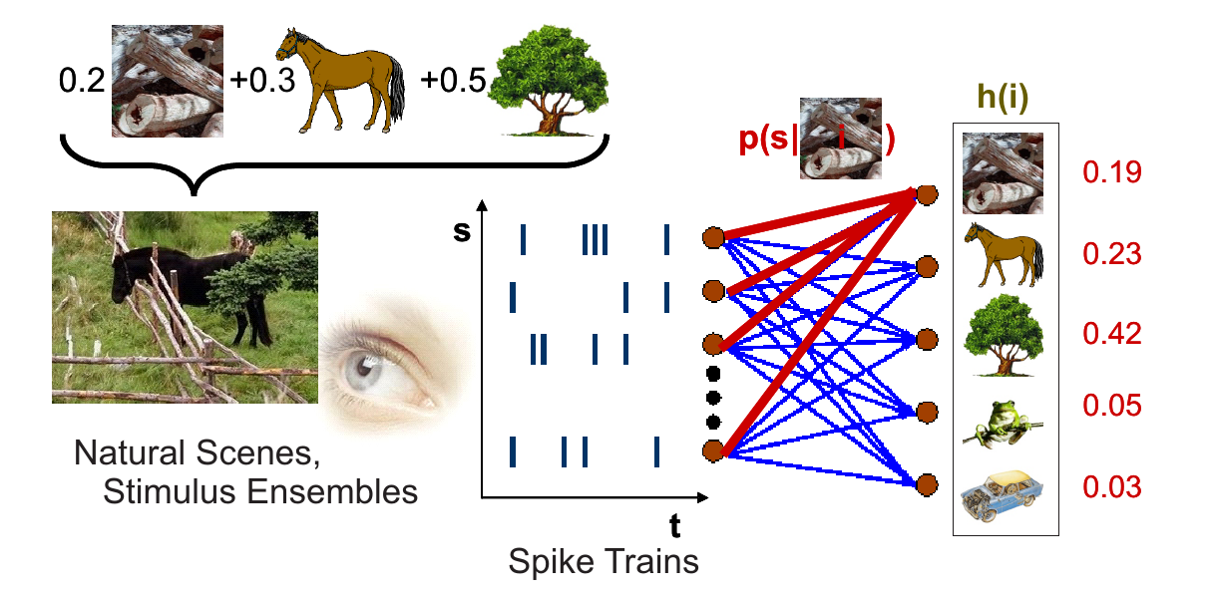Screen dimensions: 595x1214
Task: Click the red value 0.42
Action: pos(1112,334)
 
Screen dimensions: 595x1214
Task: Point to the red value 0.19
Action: pos(1112,172)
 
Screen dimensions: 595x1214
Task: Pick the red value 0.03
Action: pos(1112,487)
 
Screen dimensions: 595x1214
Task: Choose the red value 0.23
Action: pos(1112,254)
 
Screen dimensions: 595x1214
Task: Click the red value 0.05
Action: pos(1112,406)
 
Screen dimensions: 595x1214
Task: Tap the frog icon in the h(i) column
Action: pos(1004,422)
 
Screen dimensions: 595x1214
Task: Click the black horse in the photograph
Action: pos(170,279)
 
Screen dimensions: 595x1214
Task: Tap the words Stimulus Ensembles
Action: pos(260,491)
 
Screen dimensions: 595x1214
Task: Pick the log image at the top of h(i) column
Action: pos(1004,173)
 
